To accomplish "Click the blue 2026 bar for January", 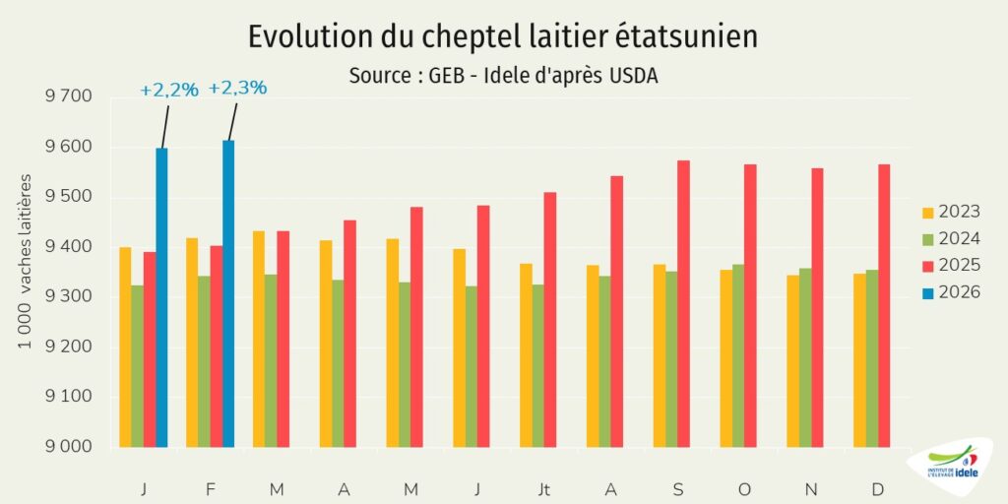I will (161, 297).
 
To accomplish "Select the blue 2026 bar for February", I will (228, 293).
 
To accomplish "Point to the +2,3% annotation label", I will (237, 88).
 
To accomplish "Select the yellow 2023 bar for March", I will (259, 339).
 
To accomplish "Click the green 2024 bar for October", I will (738, 355).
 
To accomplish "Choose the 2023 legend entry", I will (950, 212).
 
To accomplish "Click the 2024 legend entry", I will (950, 238).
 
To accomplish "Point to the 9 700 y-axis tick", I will (68, 96).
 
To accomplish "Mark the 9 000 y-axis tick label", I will (68, 447).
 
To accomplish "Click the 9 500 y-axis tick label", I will (68, 197).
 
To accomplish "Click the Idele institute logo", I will (953, 468).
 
